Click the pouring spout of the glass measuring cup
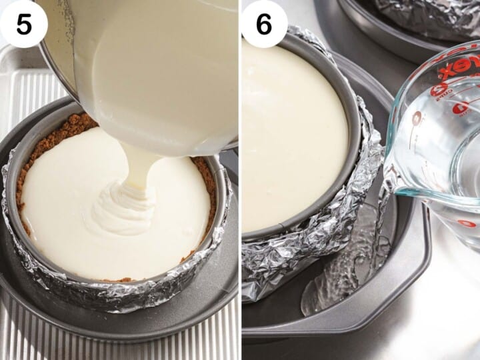coord(393,187)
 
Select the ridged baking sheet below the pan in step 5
coord(27,333)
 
